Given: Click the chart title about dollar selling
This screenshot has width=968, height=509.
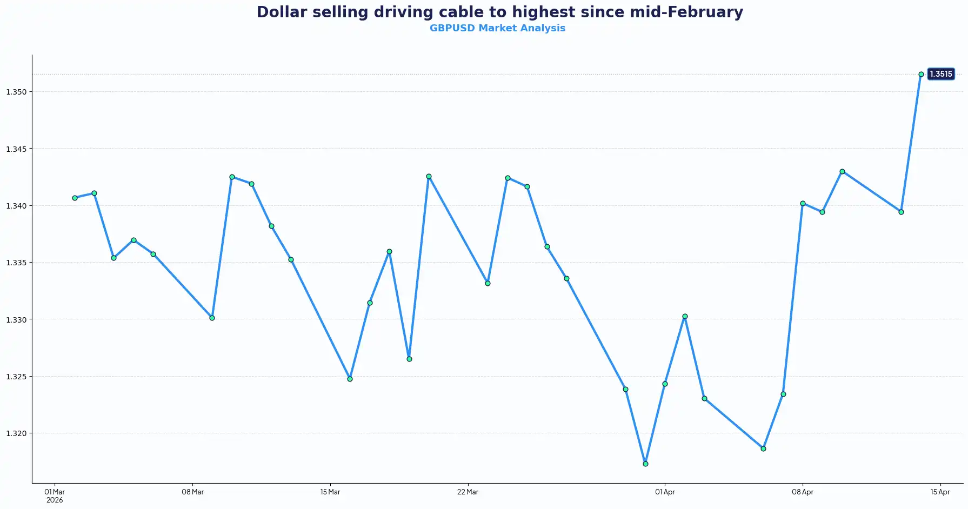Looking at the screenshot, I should coord(499,12).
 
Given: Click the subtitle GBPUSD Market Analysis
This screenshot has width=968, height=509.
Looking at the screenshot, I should coord(497,28).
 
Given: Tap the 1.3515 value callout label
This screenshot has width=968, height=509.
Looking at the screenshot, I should coord(940,74).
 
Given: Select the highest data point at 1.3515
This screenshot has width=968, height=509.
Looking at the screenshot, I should coord(921,75).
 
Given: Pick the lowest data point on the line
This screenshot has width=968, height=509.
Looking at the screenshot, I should coord(645,464).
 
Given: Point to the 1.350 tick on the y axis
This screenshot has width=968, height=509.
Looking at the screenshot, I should coord(16,92).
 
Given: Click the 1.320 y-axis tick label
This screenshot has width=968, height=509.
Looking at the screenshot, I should coord(16,433).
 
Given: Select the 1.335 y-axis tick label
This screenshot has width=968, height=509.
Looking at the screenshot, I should coord(16,263).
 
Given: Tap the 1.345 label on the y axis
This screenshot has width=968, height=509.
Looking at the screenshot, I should coord(16,149).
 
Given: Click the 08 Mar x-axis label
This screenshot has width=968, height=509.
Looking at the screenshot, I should coord(192,492).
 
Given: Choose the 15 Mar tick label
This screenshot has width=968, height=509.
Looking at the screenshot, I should coord(330,492).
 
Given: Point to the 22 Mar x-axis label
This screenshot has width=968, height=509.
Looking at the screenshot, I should coord(468,492).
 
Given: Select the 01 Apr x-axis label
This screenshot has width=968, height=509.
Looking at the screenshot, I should coord(665,492).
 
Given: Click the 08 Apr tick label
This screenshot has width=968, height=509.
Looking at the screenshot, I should coord(803,492).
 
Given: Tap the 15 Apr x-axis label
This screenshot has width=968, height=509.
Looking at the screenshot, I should coord(940,492).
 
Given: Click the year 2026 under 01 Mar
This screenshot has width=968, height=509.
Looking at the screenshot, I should coord(55,500).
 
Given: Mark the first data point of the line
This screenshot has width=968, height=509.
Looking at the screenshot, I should coord(75,198).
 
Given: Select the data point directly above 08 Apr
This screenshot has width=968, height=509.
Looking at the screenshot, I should coord(803,204).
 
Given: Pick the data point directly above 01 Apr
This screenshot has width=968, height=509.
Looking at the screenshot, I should coord(665,384).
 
